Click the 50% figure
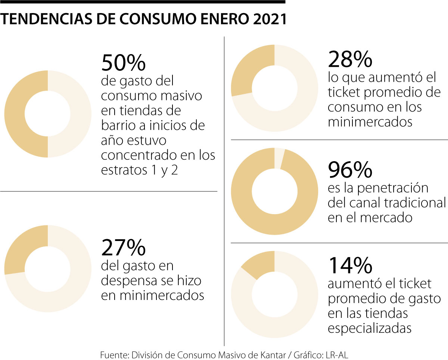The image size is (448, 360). pos(123,63)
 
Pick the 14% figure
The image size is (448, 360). pos(350,265)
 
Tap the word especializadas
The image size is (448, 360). pos(370,328)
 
